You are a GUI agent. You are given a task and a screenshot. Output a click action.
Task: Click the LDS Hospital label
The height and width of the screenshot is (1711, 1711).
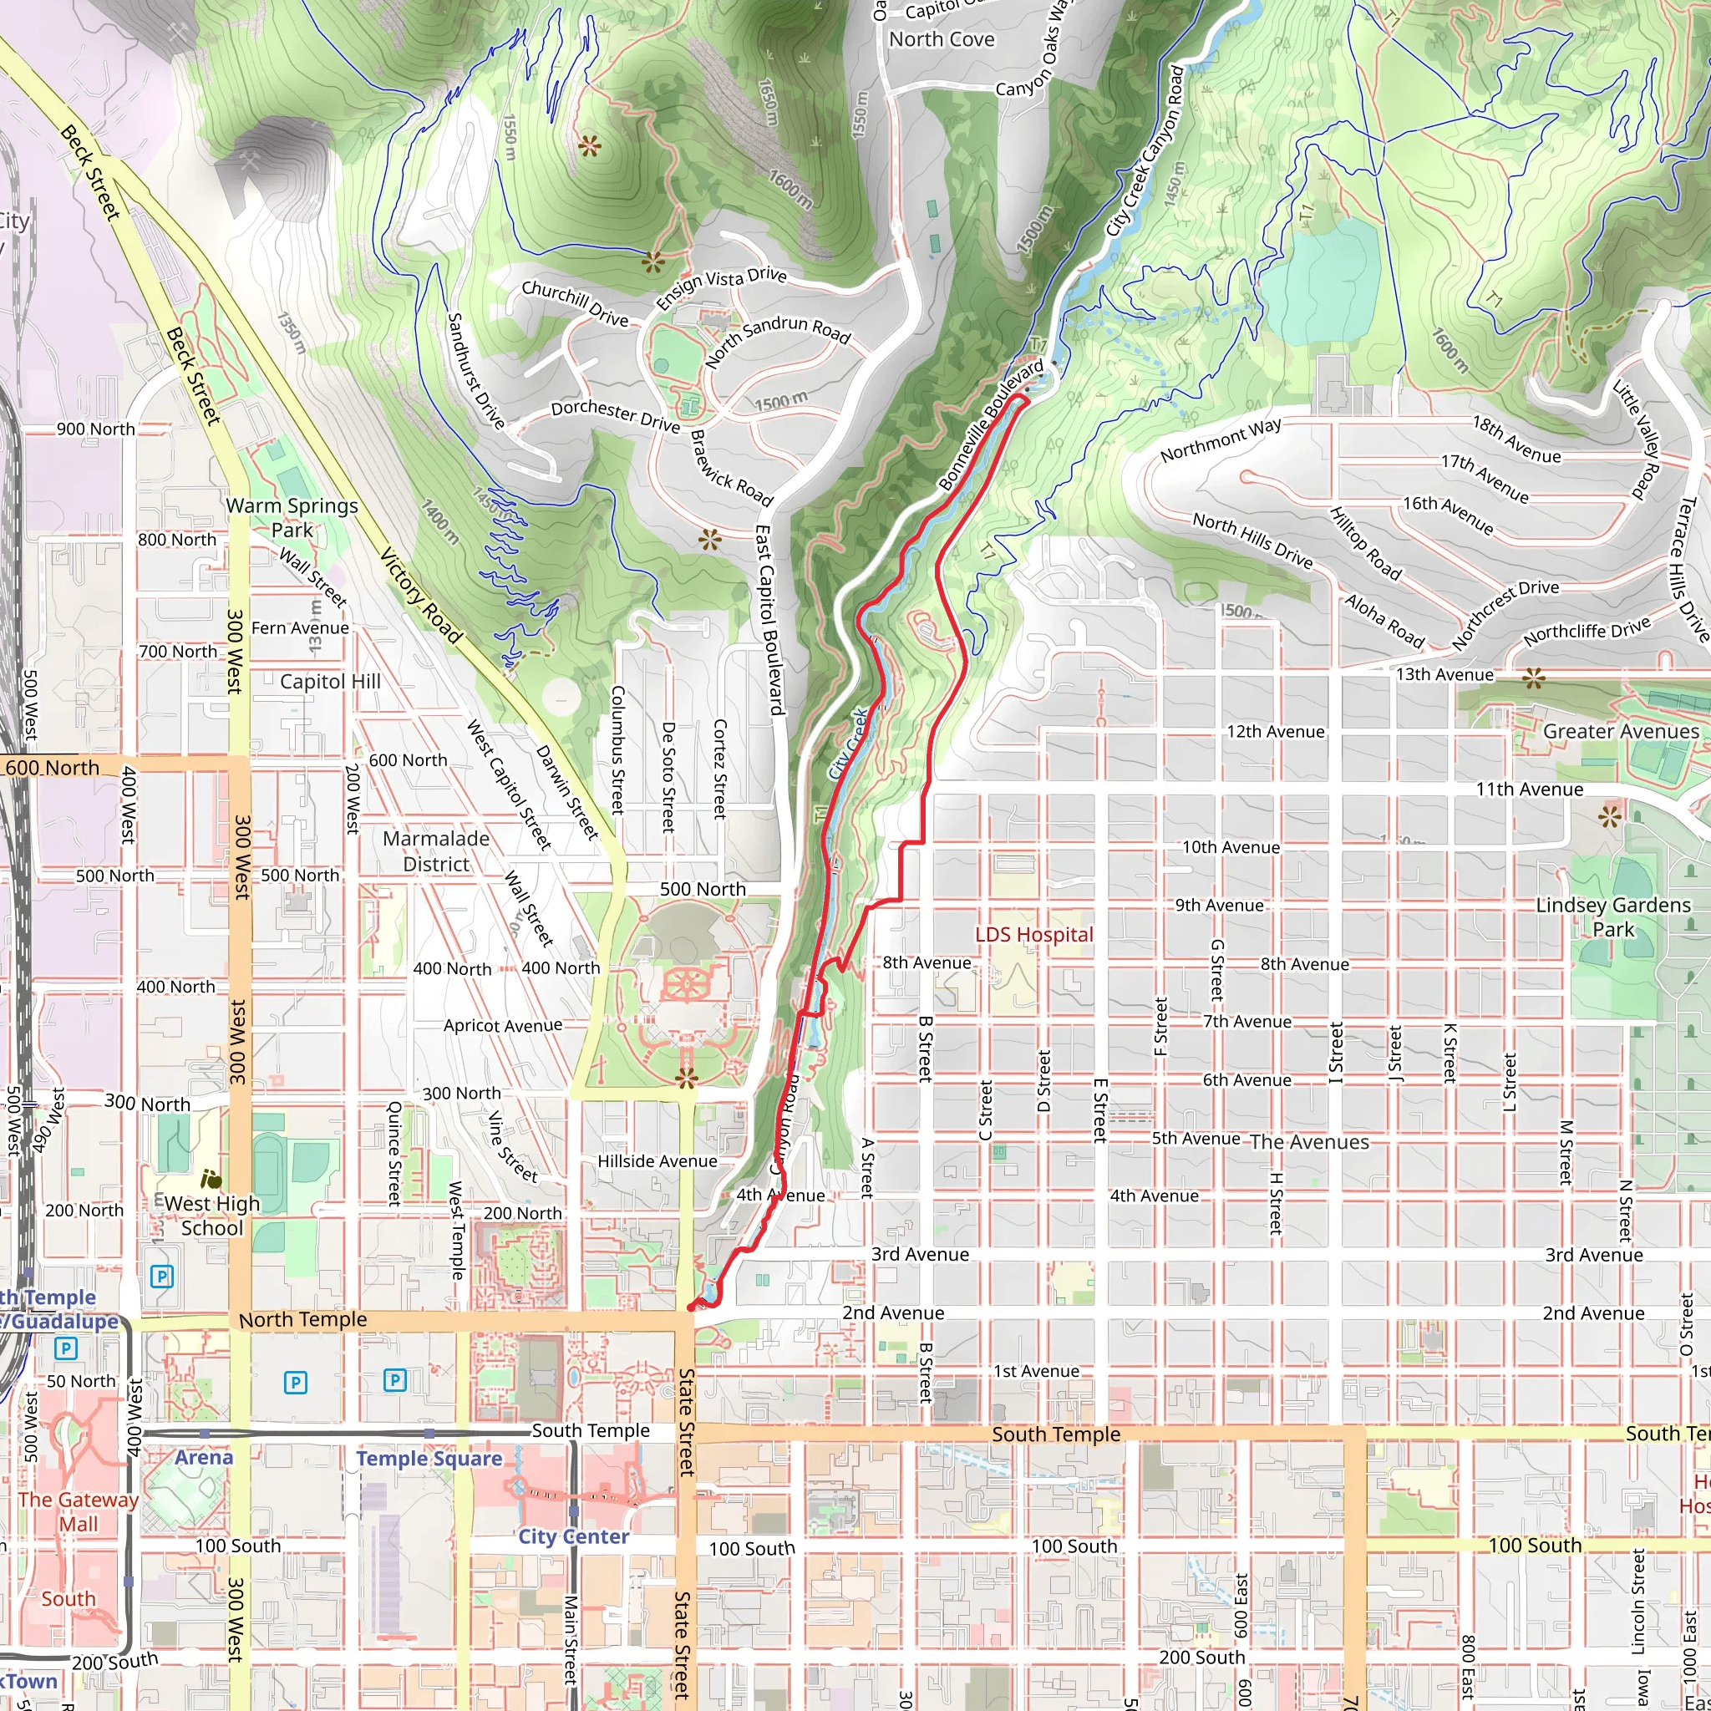click(x=1033, y=935)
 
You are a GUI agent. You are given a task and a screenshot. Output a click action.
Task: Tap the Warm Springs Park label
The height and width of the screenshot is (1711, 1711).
click(x=292, y=518)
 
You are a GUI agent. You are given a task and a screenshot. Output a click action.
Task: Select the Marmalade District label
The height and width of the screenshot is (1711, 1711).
click(x=436, y=851)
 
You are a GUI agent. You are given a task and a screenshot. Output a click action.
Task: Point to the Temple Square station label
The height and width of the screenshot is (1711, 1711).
click(x=429, y=1459)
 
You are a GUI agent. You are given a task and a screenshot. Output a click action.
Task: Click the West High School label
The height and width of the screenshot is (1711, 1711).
click(x=211, y=1215)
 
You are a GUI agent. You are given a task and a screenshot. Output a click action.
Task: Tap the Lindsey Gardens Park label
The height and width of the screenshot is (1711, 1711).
click(x=1612, y=916)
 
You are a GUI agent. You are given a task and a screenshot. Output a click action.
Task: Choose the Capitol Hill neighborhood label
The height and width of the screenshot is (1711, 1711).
click(x=329, y=681)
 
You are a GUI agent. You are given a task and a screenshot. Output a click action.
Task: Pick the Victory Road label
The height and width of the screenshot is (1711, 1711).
click(x=421, y=595)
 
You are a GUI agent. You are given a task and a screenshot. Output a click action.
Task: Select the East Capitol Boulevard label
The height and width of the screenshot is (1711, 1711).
click(x=769, y=619)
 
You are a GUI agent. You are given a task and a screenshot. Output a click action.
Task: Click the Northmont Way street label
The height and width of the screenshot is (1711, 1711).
click(x=1221, y=440)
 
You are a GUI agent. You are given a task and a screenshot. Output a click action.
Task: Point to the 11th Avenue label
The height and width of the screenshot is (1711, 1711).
click(x=1530, y=789)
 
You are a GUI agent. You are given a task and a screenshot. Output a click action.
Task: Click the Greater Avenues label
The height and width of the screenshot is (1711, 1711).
click(x=1621, y=731)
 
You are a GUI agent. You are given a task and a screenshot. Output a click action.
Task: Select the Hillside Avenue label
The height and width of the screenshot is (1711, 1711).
click(x=657, y=1161)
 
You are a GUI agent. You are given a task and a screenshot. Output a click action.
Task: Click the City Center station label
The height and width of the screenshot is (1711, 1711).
click(x=573, y=1536)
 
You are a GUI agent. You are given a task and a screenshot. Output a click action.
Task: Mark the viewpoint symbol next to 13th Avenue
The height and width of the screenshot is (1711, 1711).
click(x=1534, y=679)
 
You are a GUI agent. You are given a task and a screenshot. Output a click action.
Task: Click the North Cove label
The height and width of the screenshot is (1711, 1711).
click(x=942, y=39)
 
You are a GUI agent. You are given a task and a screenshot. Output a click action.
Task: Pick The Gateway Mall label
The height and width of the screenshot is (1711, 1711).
click(x=78, y=1511)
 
